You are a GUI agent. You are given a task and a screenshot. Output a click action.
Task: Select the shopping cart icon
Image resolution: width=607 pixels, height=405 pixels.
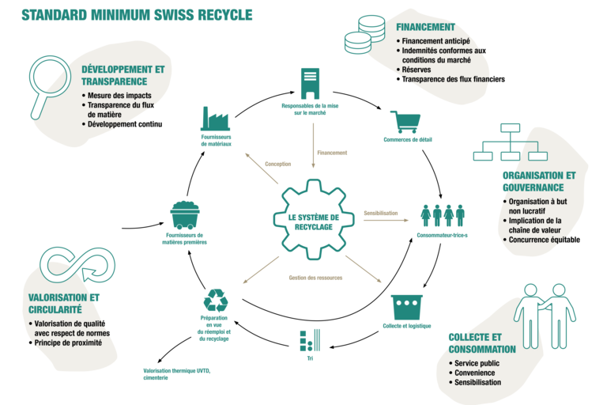coord(405,122)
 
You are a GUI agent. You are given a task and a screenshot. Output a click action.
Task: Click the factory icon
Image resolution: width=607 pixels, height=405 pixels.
coord(215,119)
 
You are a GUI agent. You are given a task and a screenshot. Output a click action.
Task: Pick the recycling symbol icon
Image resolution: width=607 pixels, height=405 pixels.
coord(214,301)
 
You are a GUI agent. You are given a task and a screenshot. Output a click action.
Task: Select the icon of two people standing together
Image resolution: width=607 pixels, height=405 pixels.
coord(545,314)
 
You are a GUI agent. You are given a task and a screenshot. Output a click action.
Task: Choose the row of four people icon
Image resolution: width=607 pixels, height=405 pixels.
coord(442,215)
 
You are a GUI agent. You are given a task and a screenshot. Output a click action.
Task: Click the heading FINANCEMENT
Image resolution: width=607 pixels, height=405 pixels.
coord(426,27)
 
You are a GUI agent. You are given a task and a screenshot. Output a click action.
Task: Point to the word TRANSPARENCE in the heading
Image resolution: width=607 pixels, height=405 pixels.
coord(115,81)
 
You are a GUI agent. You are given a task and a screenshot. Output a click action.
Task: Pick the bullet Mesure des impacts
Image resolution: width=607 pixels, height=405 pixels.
coord(119,96)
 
